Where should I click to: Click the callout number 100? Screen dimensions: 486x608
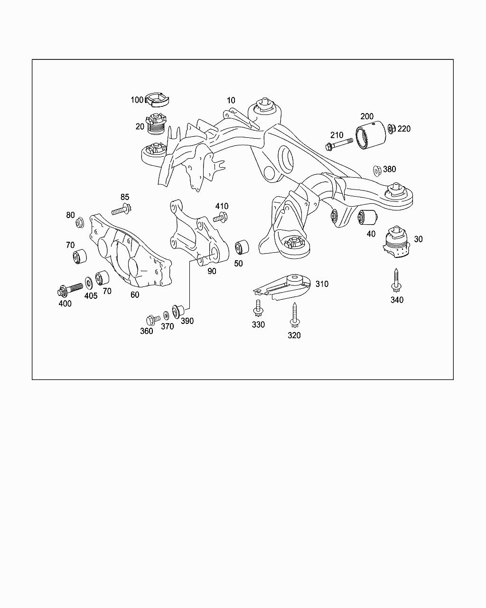click(x=137, y=100)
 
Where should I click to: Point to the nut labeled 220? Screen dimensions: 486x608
click(x=392, y=129)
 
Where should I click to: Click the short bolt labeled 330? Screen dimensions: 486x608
click(x=258, y=308)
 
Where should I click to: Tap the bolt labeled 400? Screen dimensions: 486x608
click(x=70, y=290)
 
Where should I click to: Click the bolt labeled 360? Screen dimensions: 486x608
click(x=153, y=320)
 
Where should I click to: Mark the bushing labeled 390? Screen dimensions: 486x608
click(x=178, y=311)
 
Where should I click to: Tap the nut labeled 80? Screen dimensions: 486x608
click(x=80, y=223)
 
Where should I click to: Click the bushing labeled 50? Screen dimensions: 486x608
click(x=242, y=247)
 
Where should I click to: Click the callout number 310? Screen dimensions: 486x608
click(x=322, y=284)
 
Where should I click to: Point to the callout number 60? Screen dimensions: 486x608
click(x=135, y=294)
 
